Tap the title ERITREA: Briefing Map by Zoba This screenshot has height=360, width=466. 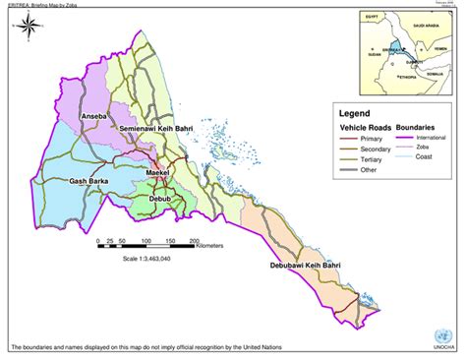(x=41, y=4)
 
